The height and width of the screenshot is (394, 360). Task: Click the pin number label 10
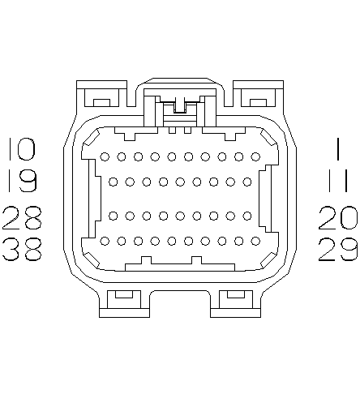(x=22, y=149)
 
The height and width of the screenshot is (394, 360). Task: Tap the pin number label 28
(x=22, y=218)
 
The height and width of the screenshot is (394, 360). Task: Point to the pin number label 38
(x=22, y=249)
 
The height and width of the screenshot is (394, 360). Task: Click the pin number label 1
(x=338, y=149)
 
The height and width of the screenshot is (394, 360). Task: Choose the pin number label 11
(x=338, y=181)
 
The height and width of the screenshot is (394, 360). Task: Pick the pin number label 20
(x=338, y=218)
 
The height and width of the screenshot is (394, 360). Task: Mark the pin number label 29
(x=338, y=249)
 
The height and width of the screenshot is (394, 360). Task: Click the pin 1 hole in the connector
(x=255, y=156)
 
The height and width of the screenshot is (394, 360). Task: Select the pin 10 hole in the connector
(x=105, y=156)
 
